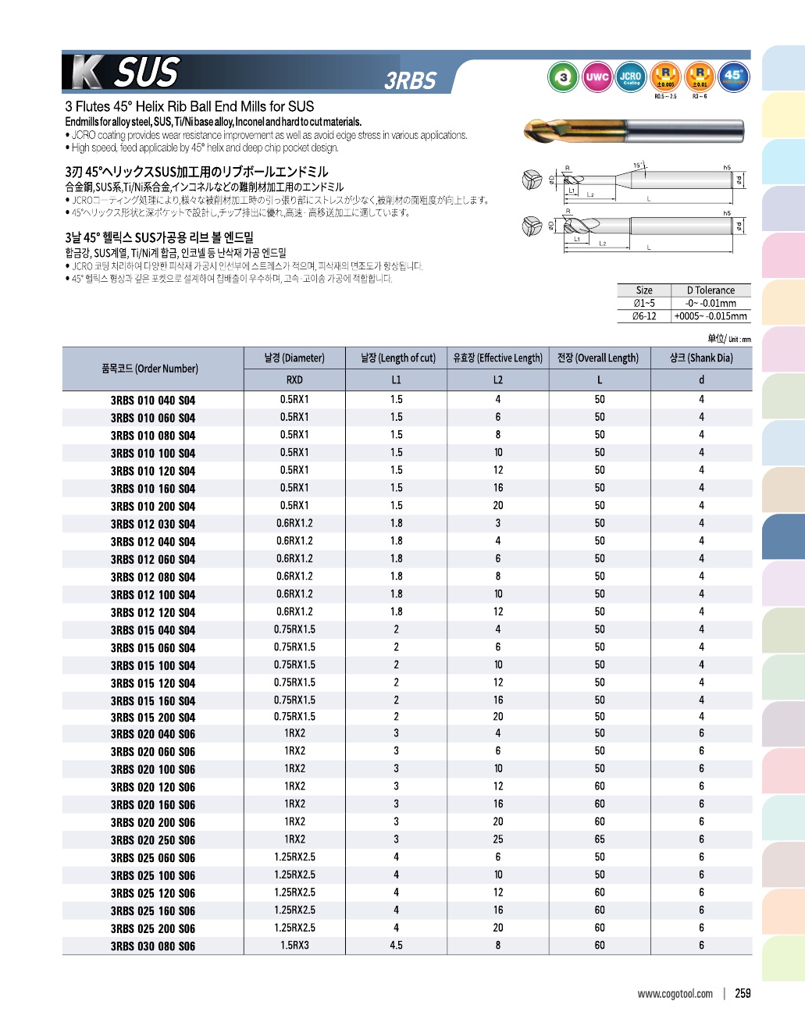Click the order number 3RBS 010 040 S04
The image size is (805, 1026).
153,401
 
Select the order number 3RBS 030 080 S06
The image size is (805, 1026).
153,946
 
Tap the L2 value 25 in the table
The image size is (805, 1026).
498,839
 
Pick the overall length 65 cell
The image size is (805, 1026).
600,839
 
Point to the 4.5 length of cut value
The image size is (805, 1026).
396,946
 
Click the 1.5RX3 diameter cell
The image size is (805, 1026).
294,946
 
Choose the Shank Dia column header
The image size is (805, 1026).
701,358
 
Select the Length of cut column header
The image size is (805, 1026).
397,358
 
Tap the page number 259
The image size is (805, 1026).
743,993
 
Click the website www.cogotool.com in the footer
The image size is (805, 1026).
675,994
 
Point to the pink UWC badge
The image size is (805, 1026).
597,77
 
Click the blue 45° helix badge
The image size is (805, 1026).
733,77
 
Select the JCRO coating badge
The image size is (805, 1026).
630,77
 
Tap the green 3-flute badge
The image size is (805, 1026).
563,77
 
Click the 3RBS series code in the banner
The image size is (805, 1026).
410,81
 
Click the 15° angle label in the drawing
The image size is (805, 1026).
638,165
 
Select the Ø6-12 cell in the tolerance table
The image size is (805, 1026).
644,316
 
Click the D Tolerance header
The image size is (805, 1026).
711,290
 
